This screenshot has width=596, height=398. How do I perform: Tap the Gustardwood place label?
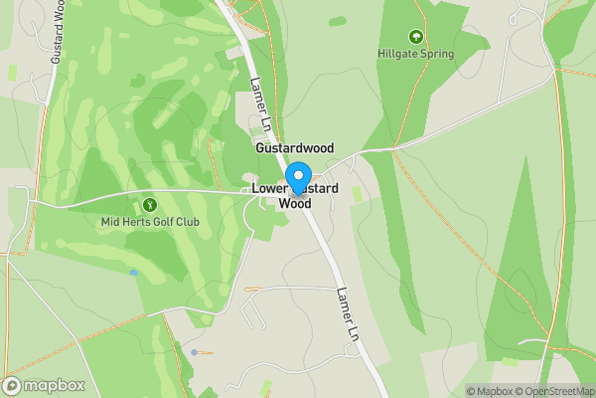pyautogui.click(x=295, y=146)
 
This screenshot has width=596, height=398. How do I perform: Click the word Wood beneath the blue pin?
pyautogui.click(x=295, y=203)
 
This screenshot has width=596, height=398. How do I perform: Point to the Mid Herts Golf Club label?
pyautogui.click(x=150, y=222)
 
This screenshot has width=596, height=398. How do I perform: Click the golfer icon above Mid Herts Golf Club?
pyautogui.click(x=150, y=204)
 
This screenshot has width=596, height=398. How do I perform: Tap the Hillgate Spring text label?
pyautogui.click(x=415, y=54)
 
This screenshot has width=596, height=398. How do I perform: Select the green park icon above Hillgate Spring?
pyautogui.click(x=415, y=36)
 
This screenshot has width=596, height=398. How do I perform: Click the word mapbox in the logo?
pyautogui.click(x=54, y=386)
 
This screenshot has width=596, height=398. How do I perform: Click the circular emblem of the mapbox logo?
pyautogui.click(x=13, y=386)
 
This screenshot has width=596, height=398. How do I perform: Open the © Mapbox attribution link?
pyautogui.click(x=492, y=391)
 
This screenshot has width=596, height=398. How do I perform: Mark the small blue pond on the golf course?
pyautogui.click(x=133, y=272)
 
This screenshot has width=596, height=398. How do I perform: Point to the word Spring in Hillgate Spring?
pyautogui.click(x=435, y=54)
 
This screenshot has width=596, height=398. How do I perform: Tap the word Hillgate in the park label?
pyautogui.click(x=396, y=54)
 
